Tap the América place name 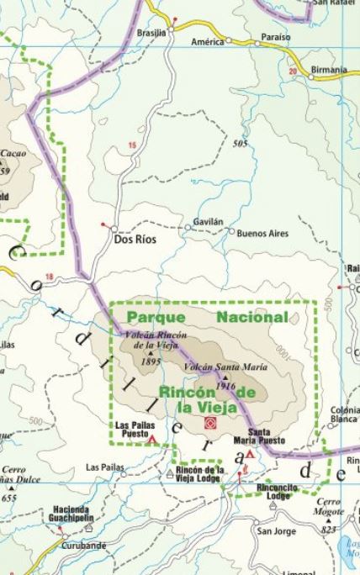[x=207, y=40]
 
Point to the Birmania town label [x=327, y=70]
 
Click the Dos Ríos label [x=135, y=239]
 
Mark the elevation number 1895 [x=151, y=362]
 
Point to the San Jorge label [x=275, y=531]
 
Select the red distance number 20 [x=292, y=71]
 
